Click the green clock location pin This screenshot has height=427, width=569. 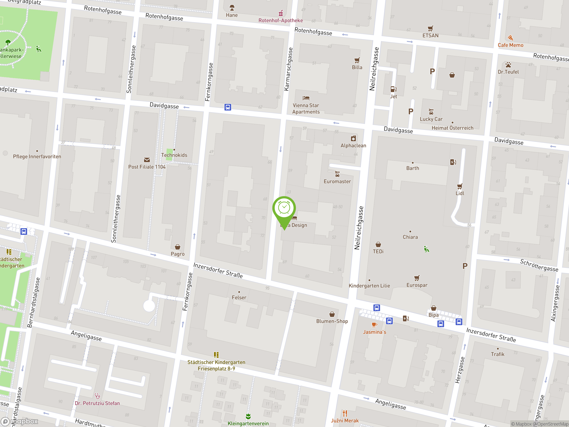tap(284, 208)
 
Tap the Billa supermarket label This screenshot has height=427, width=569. tap(357, 67)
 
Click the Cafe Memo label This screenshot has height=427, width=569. tap(510, 45)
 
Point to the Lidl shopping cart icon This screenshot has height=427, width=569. tap(459, 186)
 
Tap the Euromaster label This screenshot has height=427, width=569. tap(337, 181)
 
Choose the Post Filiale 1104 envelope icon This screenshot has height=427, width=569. tap(147, 160)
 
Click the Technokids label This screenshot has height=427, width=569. tap(174, 155)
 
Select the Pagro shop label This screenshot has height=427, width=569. tap(178, 254)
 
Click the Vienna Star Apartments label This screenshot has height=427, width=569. tap(306, 109)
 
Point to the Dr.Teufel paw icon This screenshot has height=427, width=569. tap(508, 64)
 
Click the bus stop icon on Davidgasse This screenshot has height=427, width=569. tap(228, 107)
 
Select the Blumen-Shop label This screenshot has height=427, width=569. tap(332, 321)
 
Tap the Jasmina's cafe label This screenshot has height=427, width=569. tap(374, 332)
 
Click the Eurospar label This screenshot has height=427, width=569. tap(417, 285)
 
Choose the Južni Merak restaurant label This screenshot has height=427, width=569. tap(345, 421)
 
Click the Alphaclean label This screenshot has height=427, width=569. tap(353, 146)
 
